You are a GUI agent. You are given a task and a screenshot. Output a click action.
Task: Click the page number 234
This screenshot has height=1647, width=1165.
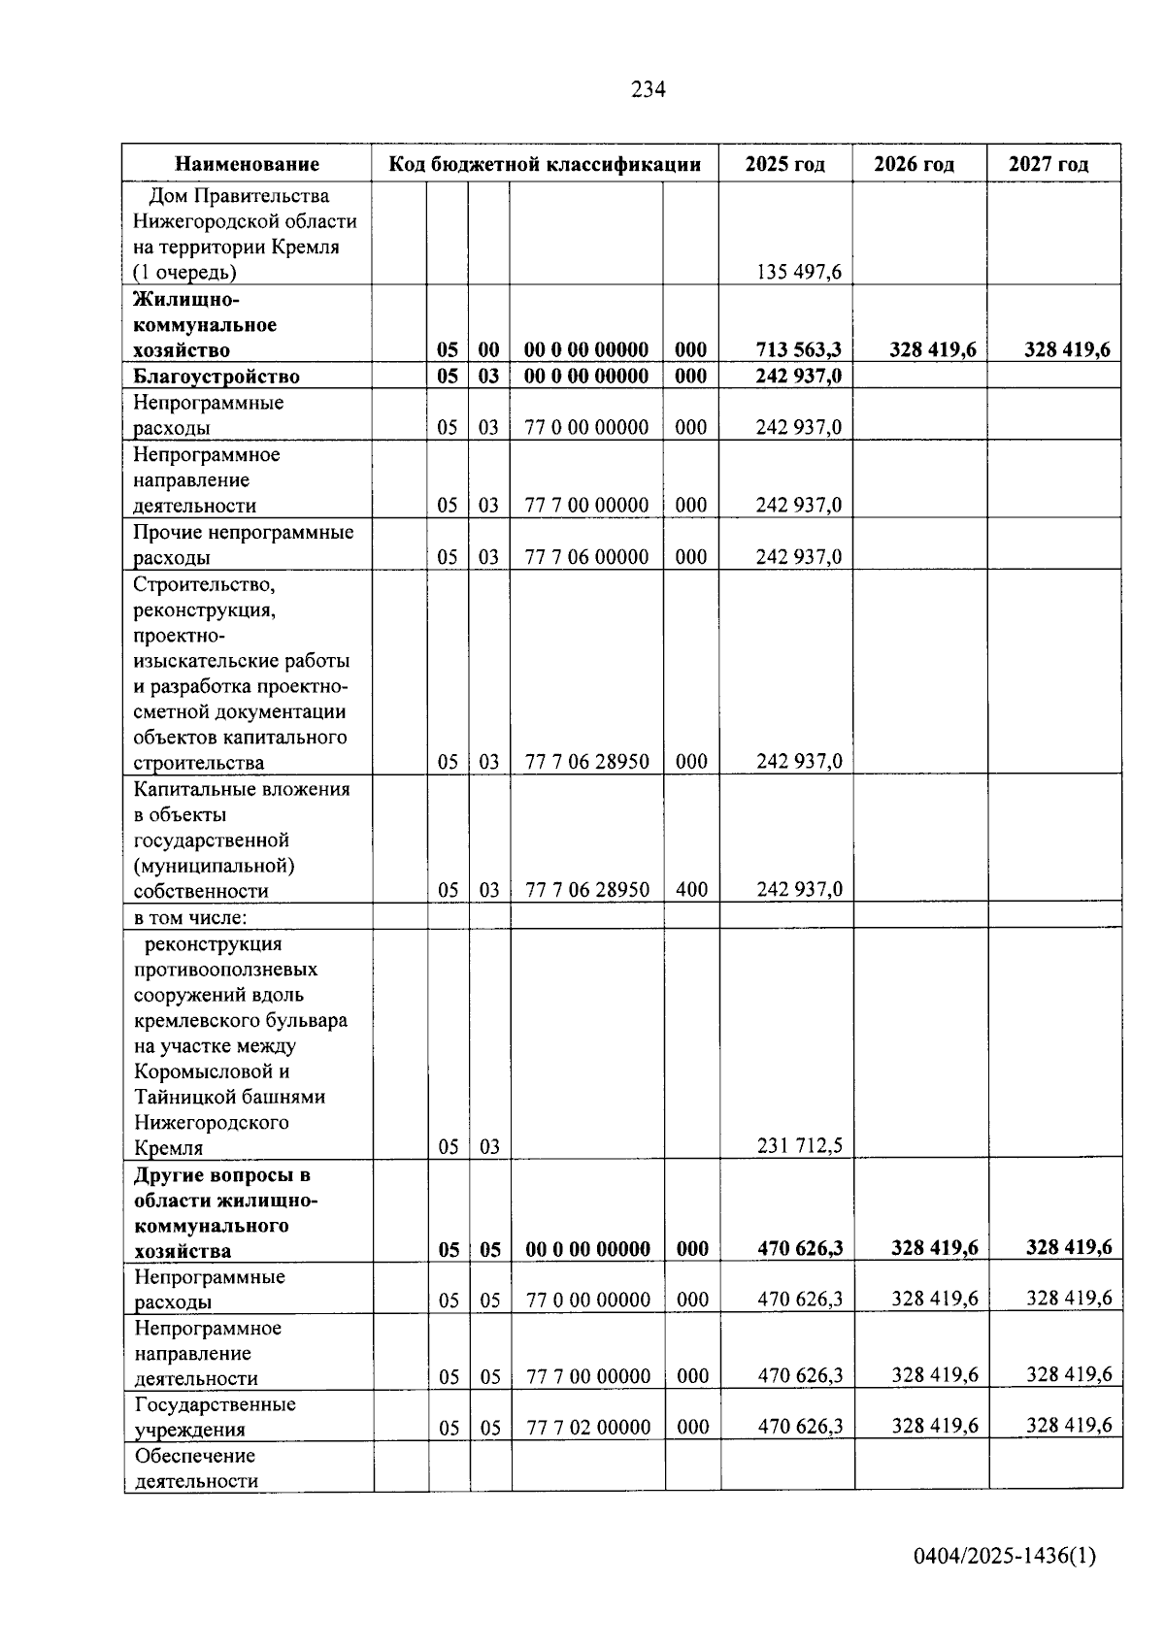click(648, 90)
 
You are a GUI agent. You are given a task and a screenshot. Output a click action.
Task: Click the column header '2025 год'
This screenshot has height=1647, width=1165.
click(784, 164)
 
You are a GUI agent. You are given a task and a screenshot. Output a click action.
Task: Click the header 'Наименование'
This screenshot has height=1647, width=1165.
click(247, 164)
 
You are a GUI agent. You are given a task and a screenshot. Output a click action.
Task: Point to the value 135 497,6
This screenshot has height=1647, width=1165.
click(799, 272)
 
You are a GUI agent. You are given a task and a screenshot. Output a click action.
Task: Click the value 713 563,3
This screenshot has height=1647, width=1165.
click(798, 349)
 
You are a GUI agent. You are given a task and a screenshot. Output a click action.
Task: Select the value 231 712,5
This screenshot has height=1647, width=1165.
click(799, 1146)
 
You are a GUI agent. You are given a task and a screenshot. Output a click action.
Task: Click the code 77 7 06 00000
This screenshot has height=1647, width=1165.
click(586, 557)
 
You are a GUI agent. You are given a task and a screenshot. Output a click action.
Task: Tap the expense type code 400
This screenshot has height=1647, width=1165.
click(691, 889)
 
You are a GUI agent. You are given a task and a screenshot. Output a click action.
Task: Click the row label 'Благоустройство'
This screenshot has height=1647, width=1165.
click(216, 377)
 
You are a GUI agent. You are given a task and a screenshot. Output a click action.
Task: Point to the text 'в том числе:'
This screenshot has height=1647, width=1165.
click(190, 917)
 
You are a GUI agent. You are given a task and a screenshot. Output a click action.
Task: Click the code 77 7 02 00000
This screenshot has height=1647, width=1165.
click(588, 1427)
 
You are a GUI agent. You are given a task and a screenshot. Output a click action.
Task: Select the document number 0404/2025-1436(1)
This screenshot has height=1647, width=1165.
click(1004, 1557)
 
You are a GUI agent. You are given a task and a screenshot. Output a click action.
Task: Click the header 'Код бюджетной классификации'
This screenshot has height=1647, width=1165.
click(545, 164)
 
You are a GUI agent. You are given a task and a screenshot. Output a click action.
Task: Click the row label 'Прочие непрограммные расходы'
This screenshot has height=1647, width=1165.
click(243, 544)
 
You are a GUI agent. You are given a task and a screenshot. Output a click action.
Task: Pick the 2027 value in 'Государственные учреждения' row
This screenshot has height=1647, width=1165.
click(1069, 1426)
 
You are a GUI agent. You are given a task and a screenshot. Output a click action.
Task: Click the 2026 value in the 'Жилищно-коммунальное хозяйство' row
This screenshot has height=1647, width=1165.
click(932, 349)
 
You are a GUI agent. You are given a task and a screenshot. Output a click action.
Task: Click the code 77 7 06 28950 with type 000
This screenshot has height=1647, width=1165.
click(586, 762)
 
